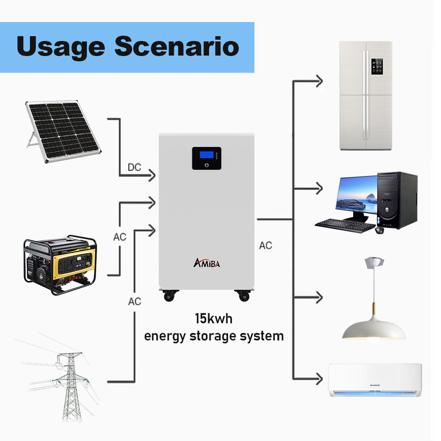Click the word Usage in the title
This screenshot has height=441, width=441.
[x=60, y=47]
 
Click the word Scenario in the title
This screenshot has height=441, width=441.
[x=177, y=47]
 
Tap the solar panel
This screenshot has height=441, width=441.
[x=62, y=130]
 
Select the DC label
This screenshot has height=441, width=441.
[x=134, y=167]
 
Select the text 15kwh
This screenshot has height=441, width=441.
[x=214, y=318]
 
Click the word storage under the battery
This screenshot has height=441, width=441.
[x=215, y=336]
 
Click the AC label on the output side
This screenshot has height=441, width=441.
[x=266, y=245]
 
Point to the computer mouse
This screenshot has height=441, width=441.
[x=379, y=230]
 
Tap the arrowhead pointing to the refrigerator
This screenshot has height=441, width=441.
[x=318, y=81]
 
